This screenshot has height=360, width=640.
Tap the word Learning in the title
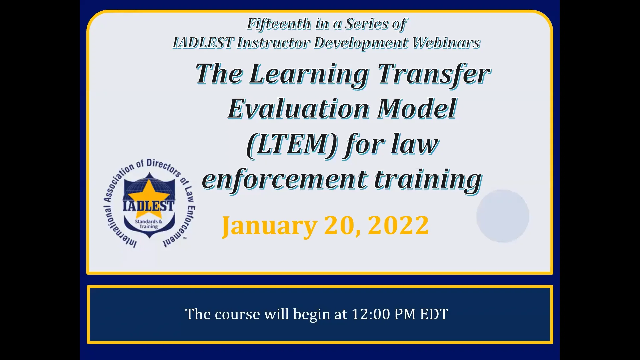tap(309, 74)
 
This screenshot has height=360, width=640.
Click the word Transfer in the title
tap(434, 74)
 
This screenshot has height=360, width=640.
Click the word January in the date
tap(269, 226)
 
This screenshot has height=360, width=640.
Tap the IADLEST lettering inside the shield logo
tap(148, 206)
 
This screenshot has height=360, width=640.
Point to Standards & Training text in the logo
tap(148, 224)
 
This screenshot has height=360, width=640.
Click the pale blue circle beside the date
tap(503, 216)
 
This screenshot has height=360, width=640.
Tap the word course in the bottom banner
tap(237, 314)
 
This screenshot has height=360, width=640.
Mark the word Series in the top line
tap(366, 24)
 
